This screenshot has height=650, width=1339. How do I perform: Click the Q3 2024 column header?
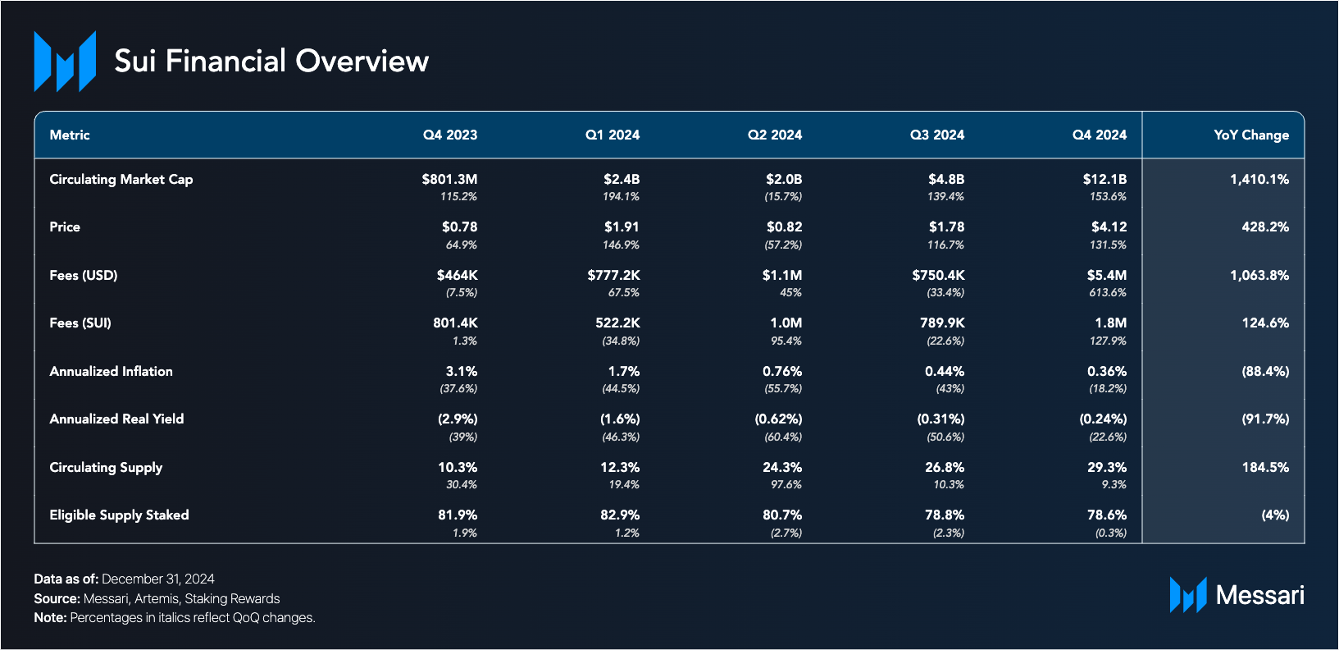pos(936,135)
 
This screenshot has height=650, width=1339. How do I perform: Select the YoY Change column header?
pos(1250,135)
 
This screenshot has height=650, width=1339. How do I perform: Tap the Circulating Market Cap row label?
pos(121,179)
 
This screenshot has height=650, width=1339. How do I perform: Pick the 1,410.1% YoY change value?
pos(1259,179)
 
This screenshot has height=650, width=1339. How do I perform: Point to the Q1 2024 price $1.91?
pos(621,227)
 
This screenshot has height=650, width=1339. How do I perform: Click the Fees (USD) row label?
pos(84,275)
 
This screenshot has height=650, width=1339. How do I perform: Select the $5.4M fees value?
pos(1106,275)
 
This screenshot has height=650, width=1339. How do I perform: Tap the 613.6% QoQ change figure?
pos(1107,292)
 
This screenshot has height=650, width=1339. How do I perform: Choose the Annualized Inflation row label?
pos(111,371)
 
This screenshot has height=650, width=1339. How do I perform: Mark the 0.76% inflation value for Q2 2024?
pos(781,371)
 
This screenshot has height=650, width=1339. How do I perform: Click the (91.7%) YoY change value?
pos(1265,419)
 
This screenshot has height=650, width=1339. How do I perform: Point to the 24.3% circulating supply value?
pos(781,467)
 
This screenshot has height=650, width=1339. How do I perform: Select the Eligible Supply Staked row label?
pos(119,515)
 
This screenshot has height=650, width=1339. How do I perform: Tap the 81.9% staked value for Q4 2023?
pos(457,515)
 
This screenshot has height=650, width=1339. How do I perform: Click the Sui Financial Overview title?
pos(271,61)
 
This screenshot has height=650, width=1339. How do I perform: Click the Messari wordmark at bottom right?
pos(1259,595)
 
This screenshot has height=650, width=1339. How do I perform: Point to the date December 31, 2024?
pos(157,579)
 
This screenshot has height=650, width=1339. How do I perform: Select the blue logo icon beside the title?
pos(65,61)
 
